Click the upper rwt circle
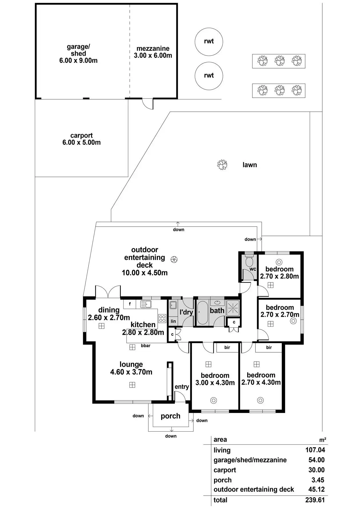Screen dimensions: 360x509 [209, 42]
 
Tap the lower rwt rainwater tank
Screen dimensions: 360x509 [209, 76]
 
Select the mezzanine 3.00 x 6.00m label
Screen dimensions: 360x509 [153, 52]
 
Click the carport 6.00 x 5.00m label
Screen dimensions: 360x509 [81, 139]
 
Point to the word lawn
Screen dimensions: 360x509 [249, 165]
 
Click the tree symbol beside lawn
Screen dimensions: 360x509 [222, 165]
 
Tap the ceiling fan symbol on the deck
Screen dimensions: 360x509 [174, 259]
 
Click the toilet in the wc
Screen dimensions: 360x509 [249, 261]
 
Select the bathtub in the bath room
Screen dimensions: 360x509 [202, 312]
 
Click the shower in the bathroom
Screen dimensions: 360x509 [233, 308]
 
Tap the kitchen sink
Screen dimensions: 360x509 [146, 304]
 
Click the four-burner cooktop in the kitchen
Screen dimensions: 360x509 [162, 318]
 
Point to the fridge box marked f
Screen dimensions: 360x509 [130, 304]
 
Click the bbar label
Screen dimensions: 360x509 [145, 346]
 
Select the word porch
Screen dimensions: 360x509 [170, 416]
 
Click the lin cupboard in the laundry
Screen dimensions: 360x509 [173, 321]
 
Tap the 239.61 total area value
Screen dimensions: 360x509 [315, 500]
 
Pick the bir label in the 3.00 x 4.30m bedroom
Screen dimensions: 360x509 [227, 348]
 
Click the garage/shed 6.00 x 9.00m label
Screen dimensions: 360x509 [78, 53]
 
